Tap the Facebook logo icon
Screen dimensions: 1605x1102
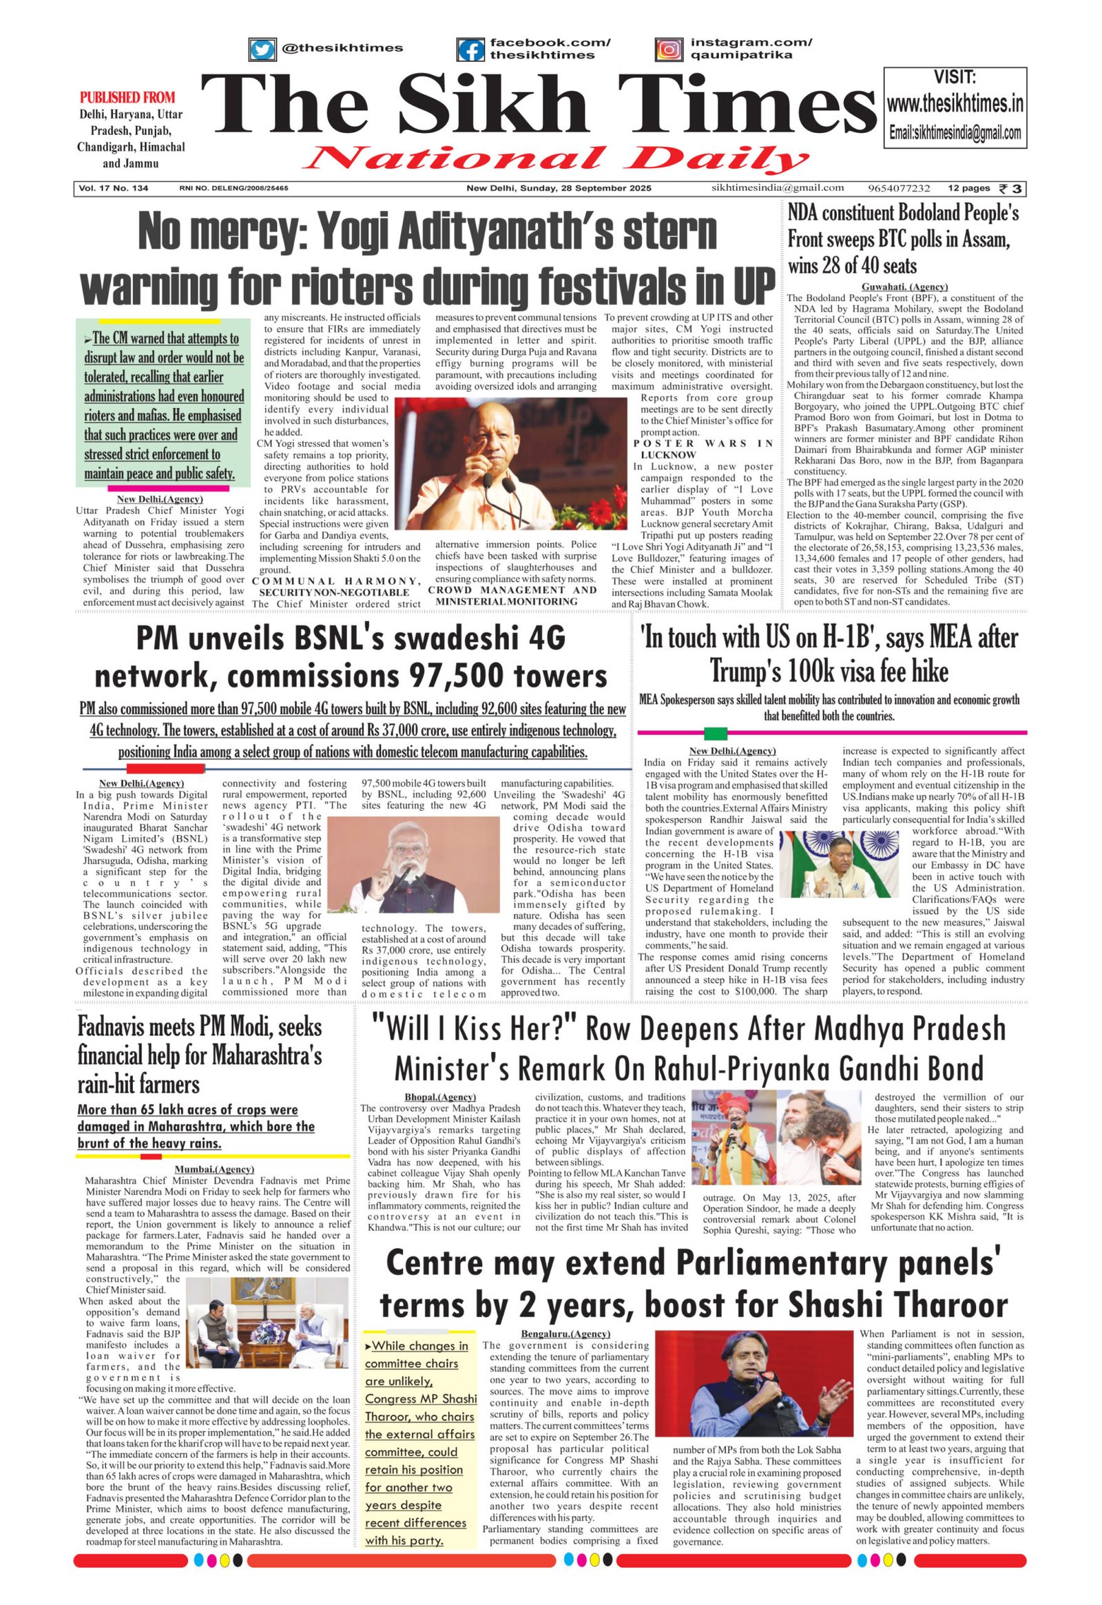pyautogui.click(x=470, y=50)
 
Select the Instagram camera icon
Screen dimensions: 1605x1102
pyautogui.click(x=668, y=50)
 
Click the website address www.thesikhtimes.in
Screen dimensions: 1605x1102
pyautogui.click(x=955, y=104)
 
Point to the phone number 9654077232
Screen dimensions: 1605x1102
pyautogui.click(x=900, y=188)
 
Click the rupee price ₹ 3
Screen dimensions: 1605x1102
pyautogui.click(x=1012, y=188)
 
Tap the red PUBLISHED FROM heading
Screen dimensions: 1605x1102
pyautogui.click(x=127, y=97)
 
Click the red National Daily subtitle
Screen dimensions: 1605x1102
pyautogui.click(x=556, y=158)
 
